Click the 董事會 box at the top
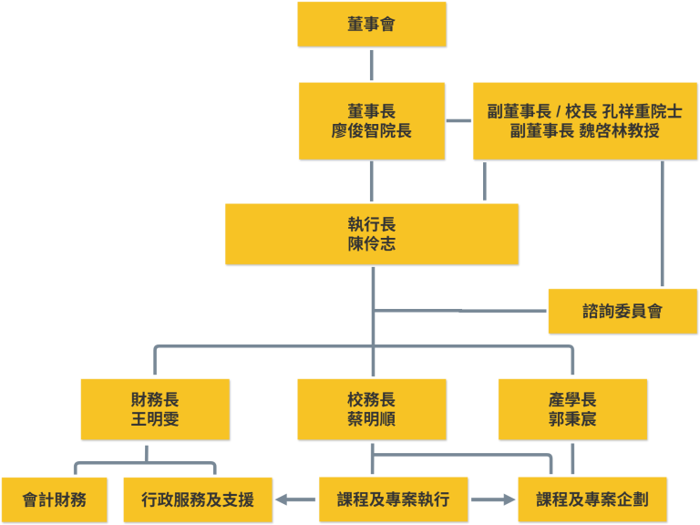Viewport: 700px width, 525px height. point(372,25)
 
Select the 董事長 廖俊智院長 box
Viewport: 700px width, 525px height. point(372,121)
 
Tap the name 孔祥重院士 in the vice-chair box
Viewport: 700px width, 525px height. point(642,112)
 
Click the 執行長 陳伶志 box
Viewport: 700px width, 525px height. point(372,234)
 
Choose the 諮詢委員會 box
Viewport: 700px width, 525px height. point(623,312)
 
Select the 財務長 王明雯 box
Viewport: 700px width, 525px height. point(155,409)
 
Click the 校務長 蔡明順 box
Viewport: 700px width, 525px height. point(372,409)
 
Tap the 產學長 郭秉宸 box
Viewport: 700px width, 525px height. point(572,409)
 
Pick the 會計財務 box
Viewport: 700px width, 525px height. point(55,499)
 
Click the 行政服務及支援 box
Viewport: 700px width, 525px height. point(198,499)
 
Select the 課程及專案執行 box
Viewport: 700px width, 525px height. point(393,499)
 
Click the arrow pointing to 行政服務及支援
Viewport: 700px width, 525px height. point(294,499)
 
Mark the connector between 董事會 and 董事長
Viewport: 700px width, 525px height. point(372,65)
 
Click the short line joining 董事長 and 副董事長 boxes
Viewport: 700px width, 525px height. point(458,121)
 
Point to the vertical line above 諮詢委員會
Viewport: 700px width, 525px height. point(662,224)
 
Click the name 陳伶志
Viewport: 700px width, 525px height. point(372,244)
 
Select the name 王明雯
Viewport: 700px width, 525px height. point(155,419)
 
